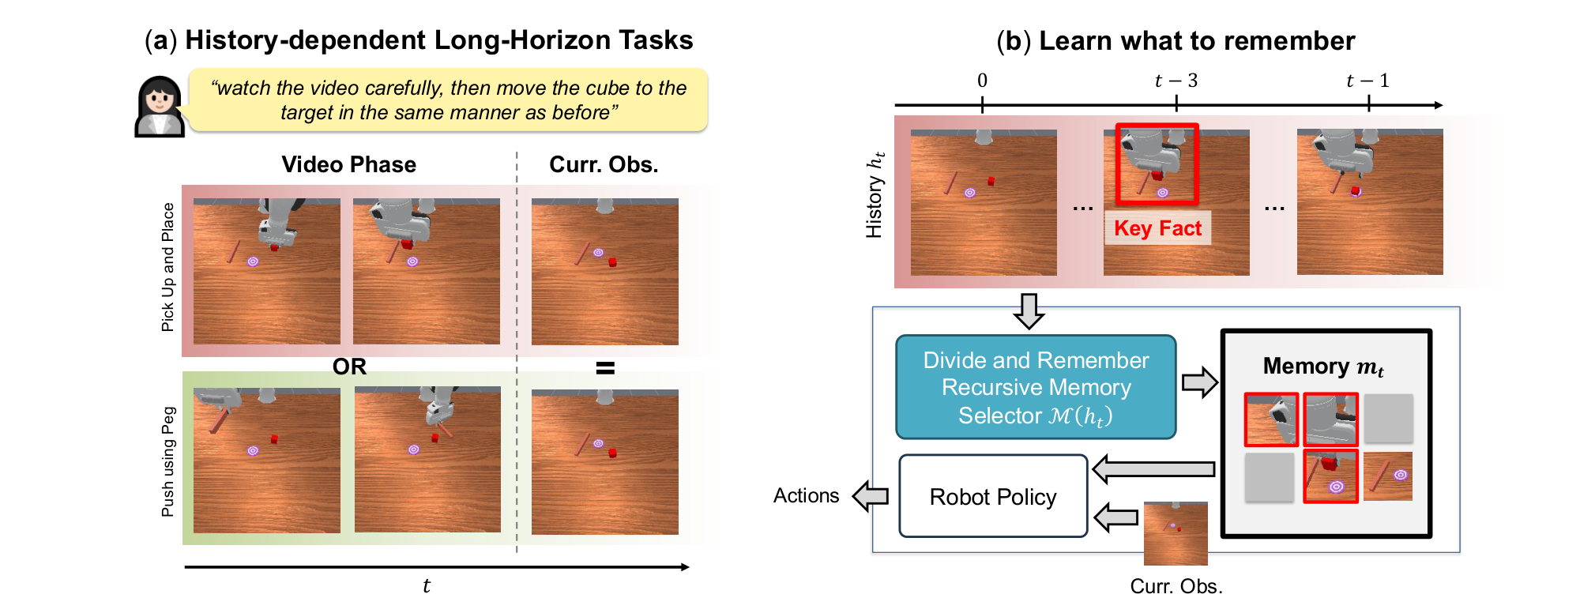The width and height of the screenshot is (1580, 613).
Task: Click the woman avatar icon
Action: point(160,107)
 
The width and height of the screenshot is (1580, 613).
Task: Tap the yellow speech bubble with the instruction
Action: point(448,100)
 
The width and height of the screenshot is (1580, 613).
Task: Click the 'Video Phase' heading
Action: point(349,164)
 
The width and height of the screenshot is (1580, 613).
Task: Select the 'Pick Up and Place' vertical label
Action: point(167,267)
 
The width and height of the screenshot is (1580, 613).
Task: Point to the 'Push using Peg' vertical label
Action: point(167,462)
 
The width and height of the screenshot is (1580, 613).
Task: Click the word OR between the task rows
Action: point(349,367)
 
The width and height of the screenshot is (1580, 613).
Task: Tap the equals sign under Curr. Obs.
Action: point(605,367)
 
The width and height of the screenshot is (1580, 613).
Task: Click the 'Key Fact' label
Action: point(1157,228)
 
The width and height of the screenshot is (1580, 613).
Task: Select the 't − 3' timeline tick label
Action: point(1176,81)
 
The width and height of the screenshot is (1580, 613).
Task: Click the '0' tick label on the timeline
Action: point(982,81)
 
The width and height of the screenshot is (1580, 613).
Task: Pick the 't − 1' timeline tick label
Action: point(1368,81)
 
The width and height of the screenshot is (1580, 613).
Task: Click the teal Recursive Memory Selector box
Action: point(1036,387)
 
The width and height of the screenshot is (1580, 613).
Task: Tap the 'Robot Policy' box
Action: point(993,496)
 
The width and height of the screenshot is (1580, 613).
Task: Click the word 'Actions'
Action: point(806,495)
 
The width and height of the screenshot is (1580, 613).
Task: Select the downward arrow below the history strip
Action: point(1029,311)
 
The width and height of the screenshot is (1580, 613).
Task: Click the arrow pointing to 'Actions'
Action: point(871,496)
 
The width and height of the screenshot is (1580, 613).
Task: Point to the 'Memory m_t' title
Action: point(1323,367)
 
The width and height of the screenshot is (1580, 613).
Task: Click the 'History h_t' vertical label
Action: point(875,195)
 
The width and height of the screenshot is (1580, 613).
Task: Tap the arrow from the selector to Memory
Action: point(1200,382)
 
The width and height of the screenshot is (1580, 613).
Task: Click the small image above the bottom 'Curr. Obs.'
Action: point(1176,533)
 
